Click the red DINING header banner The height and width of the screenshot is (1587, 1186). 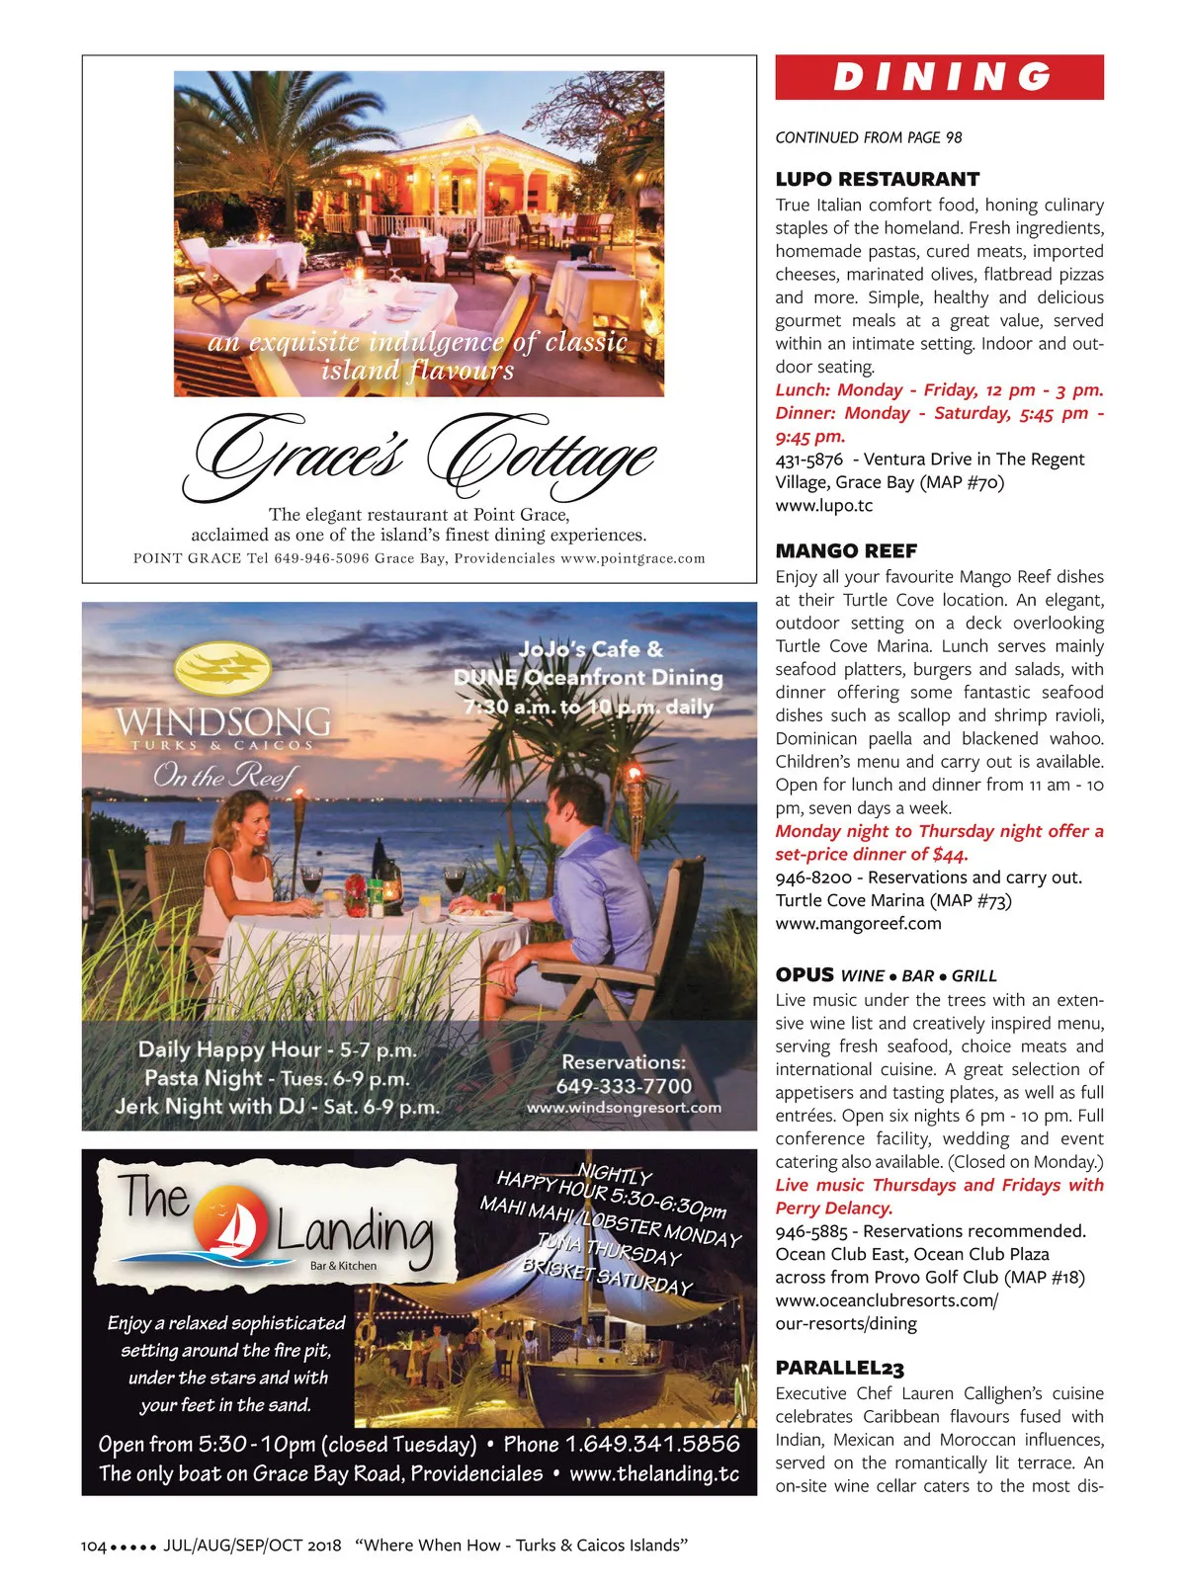tap(939, 77)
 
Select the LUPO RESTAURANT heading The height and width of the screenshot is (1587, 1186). tap(877, 179)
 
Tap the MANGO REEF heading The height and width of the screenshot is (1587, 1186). tap(846, 550)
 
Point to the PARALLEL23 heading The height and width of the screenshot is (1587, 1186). tap(839, 1368)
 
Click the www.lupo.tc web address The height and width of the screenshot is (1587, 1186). tap(823, 505)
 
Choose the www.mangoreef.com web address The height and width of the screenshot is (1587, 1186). tap(858, 923)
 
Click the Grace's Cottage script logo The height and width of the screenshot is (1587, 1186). tap(419, 455)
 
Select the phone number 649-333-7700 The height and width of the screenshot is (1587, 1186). tap(624, 1085)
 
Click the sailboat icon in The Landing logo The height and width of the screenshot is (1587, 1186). tap(235, 1228)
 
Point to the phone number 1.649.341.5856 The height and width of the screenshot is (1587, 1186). tap(622, 1444)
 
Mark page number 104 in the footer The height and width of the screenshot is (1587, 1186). tap(93, 1545)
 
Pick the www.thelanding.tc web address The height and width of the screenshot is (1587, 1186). tap(654, 1473)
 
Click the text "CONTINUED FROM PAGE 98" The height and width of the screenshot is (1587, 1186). tap(868, 137)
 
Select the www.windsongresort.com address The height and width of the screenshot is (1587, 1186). tap(624, 1108)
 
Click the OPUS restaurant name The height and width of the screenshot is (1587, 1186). tap(805, 974)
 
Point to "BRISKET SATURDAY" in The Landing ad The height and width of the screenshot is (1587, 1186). tap(607, 1276)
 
